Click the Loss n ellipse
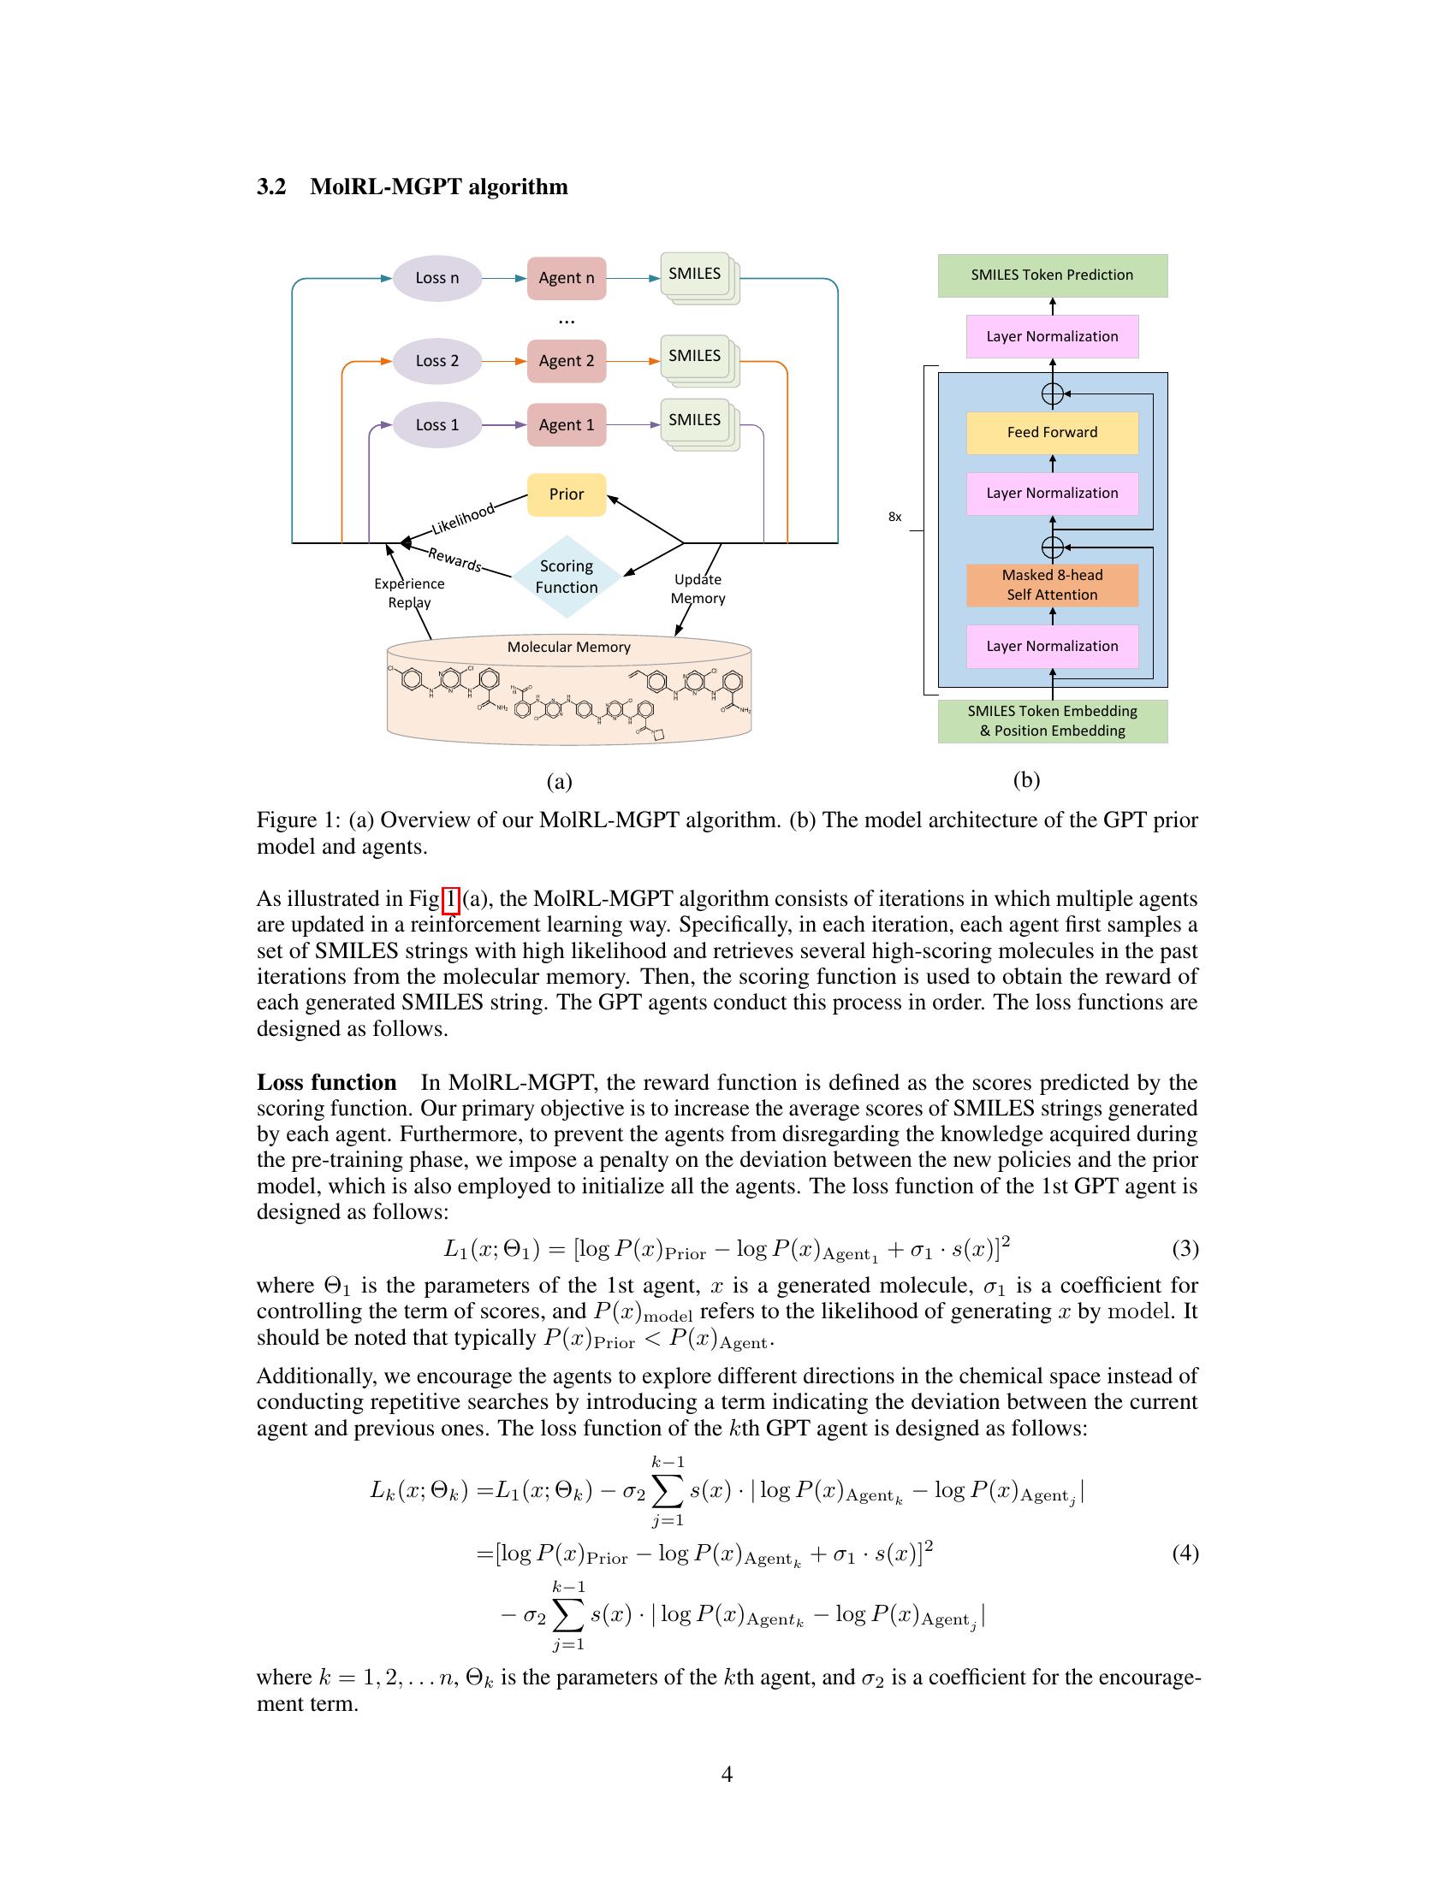[437, 277]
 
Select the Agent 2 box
[567, 360]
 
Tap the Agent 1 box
[567, 425]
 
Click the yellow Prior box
[567, 494]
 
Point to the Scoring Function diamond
[567, 577]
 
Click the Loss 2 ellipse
[437, 360]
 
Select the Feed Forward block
[1052, 433]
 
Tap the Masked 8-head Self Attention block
[1052, 585]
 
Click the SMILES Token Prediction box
[1052, 275]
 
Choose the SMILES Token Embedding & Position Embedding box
[1052, 721]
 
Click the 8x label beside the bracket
[894, 517]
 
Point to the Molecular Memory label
[569, 648]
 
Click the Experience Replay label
[409, 593]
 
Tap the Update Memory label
[698, 589]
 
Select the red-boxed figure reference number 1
[450, 900]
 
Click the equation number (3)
[1185, 1248]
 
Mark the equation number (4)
[1185, 1553]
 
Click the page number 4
[727, 1773]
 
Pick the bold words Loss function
[327, 1082]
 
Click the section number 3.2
[271, 187]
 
